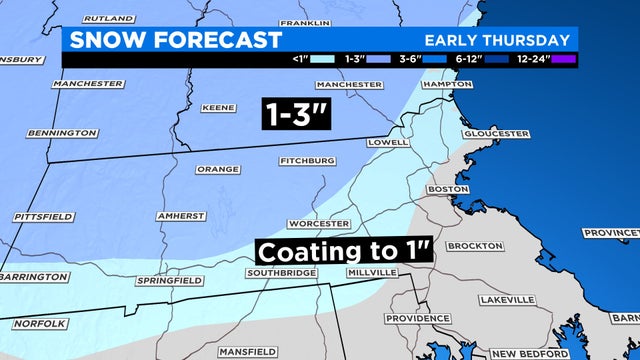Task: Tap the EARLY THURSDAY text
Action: pos(497,41)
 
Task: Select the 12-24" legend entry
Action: pos(539,60)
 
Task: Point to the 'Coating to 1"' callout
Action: pos(342,249)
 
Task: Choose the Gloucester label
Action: pos(496,134)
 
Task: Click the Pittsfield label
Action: pos(44,216)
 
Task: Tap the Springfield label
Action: pos(164,281)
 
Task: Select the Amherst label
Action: pos(182,216)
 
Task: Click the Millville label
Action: pos(373,273)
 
